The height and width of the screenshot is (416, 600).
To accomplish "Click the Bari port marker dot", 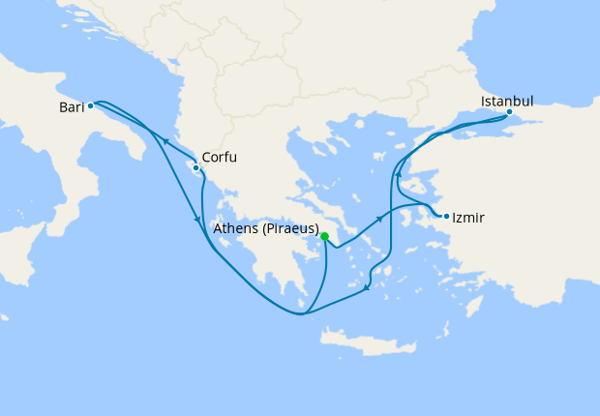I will [x=90, y=106].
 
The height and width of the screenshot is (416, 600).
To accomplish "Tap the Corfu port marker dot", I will [x=196, y=167].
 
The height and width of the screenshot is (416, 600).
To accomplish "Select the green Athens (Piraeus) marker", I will [x=326, y=236].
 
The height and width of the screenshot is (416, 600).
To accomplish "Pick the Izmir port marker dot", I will [x=446, y=216].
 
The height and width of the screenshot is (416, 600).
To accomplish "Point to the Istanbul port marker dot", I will [x=509, y=112].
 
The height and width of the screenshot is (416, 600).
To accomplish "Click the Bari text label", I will [x=71, y=107].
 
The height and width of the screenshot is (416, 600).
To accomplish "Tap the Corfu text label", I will [x=220, y=158].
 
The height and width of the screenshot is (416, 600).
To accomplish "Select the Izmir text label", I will [x=468, y=219].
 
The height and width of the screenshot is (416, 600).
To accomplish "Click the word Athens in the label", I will [x=235, y=229].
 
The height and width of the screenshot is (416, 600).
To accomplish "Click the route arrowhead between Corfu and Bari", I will [x=165, y=141].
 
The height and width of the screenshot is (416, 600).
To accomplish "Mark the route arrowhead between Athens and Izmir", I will [x=380, y=220].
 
